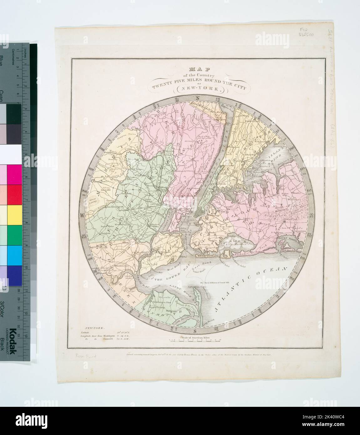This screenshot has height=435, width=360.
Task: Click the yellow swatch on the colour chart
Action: click(x=14, y=216)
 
